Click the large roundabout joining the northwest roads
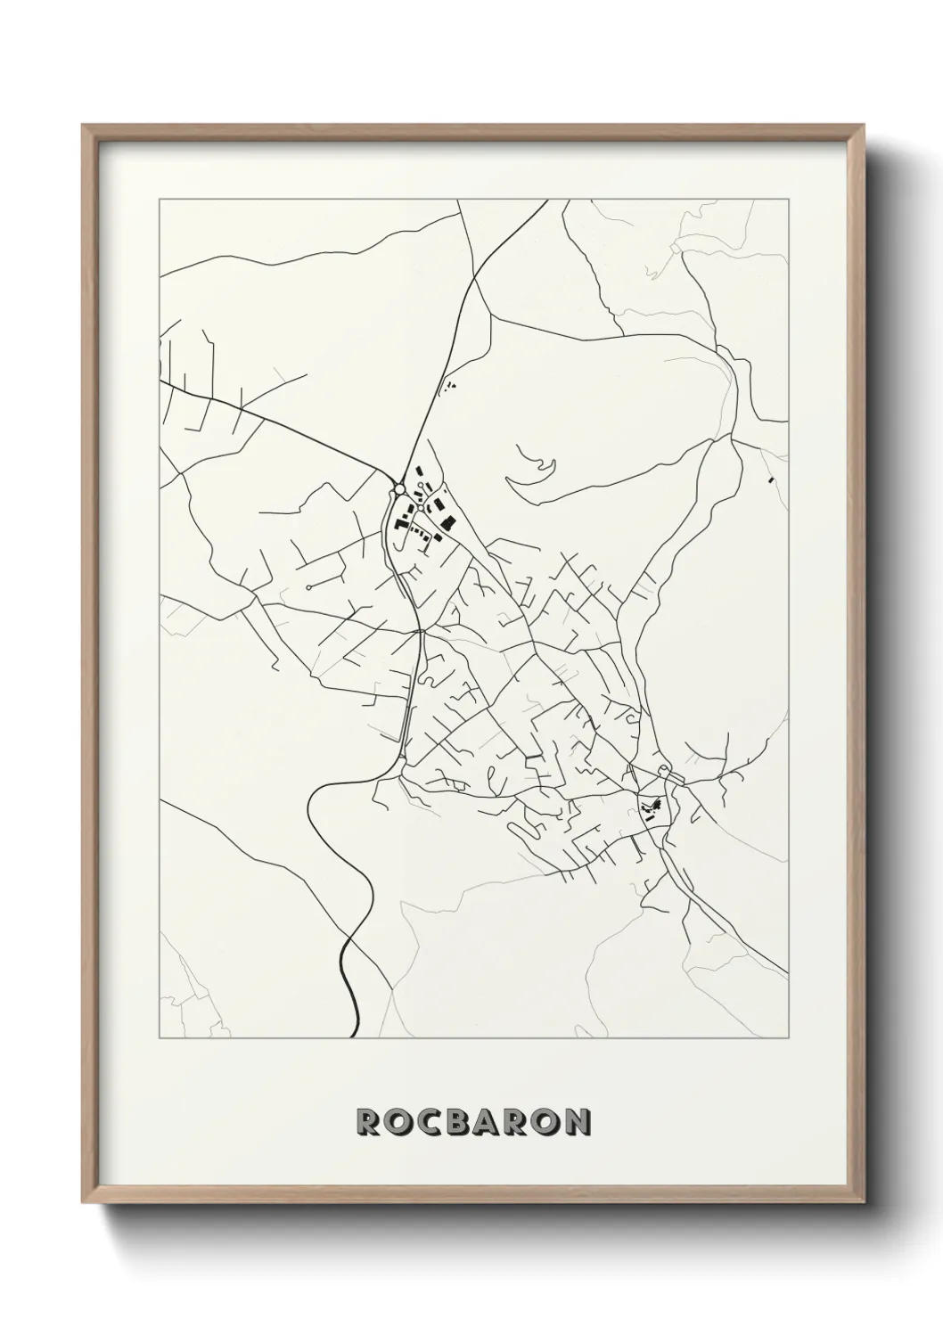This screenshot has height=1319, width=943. click(397, 489)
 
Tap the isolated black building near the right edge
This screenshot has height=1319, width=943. click(769, 480)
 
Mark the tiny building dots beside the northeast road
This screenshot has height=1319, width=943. click(448, 386)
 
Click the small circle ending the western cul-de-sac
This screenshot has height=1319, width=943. click(307, 587)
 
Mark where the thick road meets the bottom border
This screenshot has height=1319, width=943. click(357, 1037)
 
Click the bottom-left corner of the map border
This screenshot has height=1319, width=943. click(159, 1037)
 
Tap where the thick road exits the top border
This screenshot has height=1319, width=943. click(547, 200)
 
